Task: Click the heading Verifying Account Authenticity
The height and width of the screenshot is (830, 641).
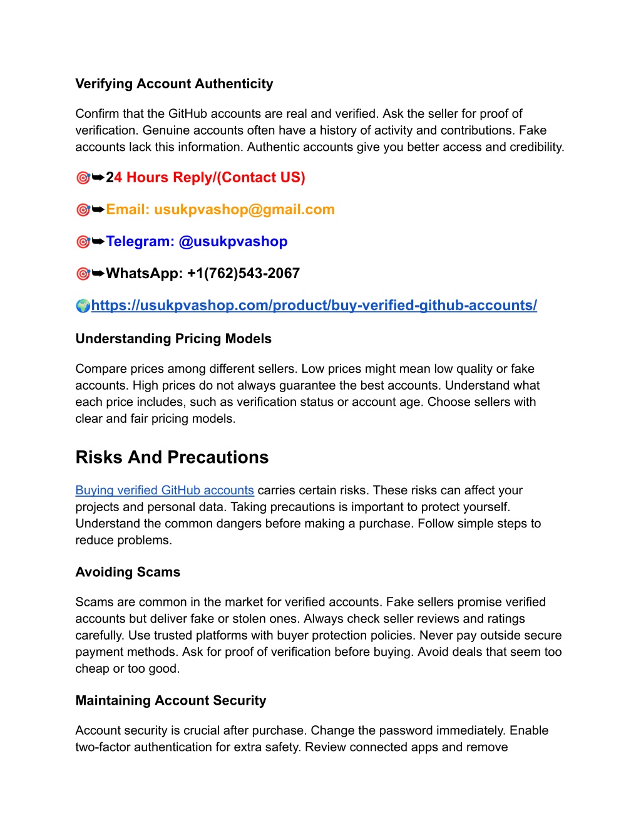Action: (174, 84)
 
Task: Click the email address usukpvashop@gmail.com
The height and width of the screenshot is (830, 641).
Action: (244, 210)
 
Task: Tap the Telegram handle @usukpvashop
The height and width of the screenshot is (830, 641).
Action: (233, 242)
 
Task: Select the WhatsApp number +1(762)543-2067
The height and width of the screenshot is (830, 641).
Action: (244, 274)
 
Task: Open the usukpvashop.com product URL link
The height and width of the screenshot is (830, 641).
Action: (314, 306)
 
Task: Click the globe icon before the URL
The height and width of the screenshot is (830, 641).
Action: (83, 306)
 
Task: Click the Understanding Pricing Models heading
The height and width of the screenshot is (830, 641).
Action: (173, 339)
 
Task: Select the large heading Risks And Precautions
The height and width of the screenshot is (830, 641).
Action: (172, 457)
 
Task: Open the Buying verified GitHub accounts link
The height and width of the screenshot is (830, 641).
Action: (165, 490)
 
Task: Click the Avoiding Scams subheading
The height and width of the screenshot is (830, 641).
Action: (128, 573)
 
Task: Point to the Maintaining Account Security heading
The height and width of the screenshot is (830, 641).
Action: (171, 701)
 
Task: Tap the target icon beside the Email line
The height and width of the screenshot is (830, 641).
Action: (83, 210)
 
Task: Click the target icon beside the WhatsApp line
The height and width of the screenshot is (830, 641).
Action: (83, 274)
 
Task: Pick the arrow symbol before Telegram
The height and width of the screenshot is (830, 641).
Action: (98, 242)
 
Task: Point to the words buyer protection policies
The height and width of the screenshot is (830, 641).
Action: (344, 636)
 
